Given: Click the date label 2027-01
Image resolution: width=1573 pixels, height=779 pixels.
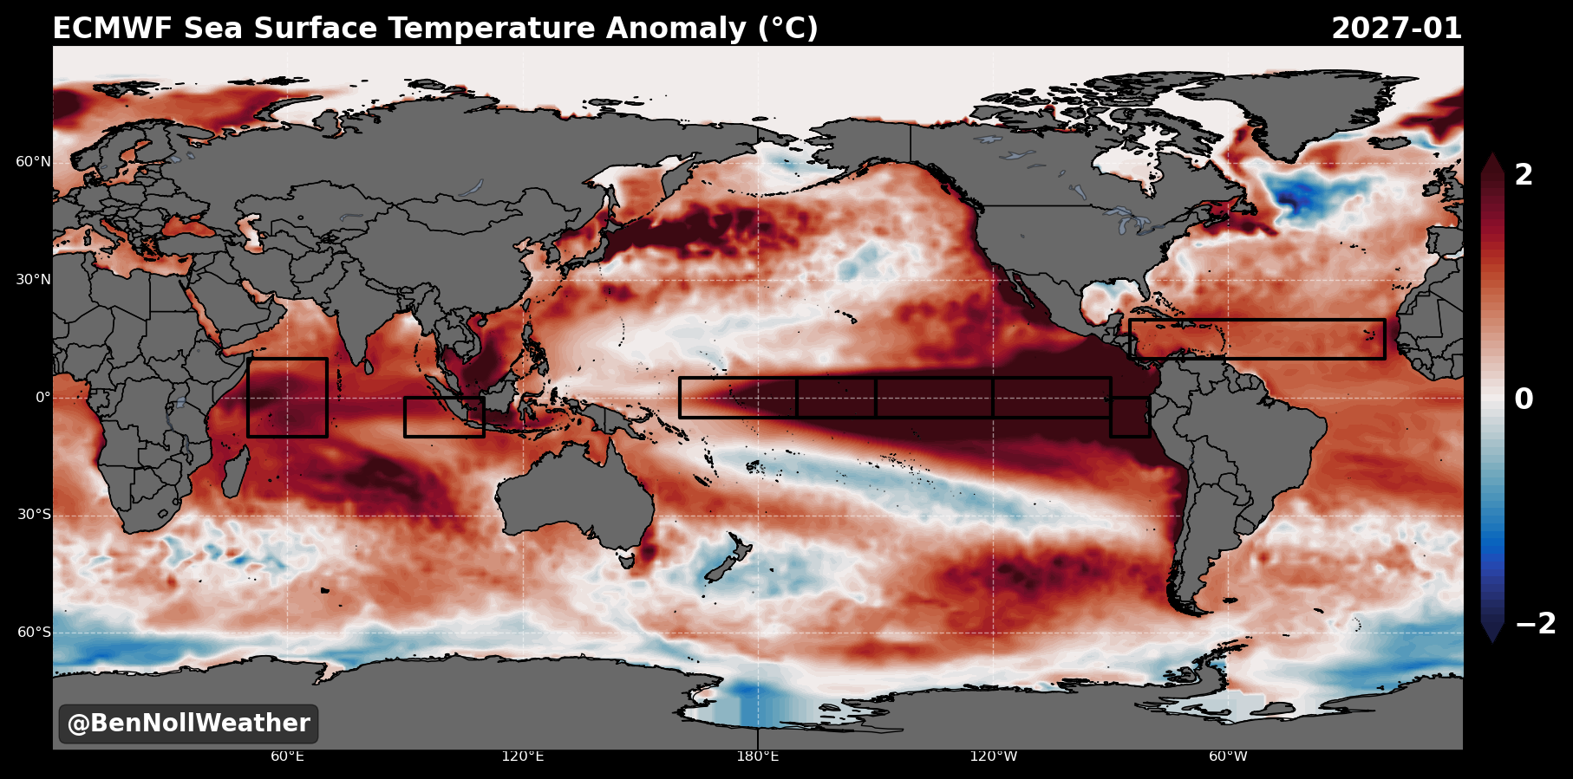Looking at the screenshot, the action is tap(1396, 29).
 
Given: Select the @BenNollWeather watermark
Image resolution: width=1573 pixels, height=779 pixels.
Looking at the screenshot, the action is tap(188, 724).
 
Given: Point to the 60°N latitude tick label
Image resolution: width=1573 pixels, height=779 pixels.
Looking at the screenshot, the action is tap(34, 162).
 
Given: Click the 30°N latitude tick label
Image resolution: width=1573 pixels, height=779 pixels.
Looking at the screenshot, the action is tap(34, 280).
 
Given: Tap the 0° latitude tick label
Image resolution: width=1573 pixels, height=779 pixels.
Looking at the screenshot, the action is tap(43, 398).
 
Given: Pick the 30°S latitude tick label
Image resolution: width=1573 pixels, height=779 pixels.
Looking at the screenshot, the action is tap(35, 515).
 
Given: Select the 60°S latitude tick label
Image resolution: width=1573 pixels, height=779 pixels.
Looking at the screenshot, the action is tap(35, 633).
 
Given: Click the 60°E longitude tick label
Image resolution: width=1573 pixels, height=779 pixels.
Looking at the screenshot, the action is tap(287, 756).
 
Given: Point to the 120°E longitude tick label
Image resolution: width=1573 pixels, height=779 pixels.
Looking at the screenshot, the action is tap(523, 756).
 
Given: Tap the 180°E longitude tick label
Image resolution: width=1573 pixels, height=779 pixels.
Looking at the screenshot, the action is tap(758, 756).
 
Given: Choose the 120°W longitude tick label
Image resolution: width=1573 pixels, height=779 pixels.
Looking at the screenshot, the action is tap(993, 756).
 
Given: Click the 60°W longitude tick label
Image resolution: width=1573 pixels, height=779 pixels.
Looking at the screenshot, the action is tap(1228, 756).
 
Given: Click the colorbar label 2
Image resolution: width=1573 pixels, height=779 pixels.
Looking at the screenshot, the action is tap(1524, 175).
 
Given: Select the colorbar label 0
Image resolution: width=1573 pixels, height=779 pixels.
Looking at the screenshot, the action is tap(1524, 399).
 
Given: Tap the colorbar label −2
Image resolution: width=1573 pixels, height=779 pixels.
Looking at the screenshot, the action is tap(1536, 623).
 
